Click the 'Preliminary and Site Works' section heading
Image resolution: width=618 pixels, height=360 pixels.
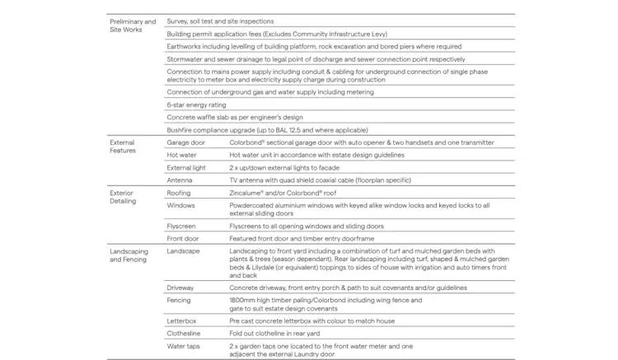point(132,26)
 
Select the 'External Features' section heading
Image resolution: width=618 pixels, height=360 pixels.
point(124,147)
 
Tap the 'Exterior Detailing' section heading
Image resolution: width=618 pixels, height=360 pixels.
point(127,197)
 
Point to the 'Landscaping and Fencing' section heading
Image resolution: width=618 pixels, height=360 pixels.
point(129,255)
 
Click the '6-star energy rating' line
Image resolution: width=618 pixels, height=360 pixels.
point(196,105)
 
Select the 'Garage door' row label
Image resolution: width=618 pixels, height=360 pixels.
point(185,143)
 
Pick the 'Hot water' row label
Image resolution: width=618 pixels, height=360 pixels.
point(180,155)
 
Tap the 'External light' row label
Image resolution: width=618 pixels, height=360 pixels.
point(185,167)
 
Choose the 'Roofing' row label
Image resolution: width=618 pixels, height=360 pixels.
point(179,193)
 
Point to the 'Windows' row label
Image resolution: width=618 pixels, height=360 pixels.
point(180,205)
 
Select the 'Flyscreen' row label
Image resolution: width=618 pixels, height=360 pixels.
point(181,226)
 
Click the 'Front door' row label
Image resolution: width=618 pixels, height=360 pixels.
point(182,238)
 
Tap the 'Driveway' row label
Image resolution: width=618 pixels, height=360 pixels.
point(180,288)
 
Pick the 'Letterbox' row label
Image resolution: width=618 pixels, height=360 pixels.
point(181,320)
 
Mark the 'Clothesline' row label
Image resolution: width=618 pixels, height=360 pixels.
point(183,333)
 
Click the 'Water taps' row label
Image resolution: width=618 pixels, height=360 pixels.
point(183,345)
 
